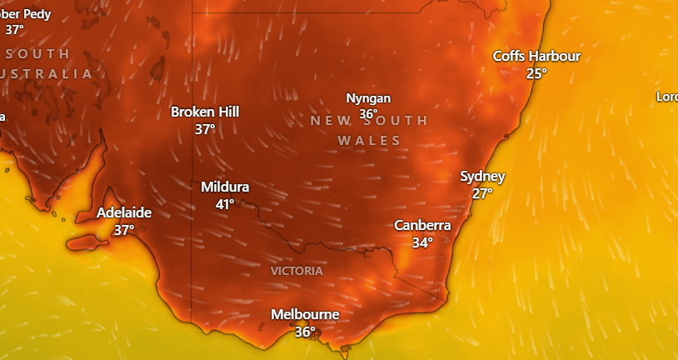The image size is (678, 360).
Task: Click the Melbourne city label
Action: point(305,314)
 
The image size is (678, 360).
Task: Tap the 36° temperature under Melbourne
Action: point(305,332)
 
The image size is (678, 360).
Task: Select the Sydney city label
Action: point(482,177)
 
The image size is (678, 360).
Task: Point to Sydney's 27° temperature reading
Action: point(482,193)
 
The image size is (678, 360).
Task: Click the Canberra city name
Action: point(422,225)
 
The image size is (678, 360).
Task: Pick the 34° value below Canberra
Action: point(422,242)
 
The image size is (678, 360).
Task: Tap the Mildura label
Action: point(225,187)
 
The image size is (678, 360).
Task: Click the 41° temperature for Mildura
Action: point(225,204)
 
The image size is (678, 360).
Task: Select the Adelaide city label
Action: point(124,212)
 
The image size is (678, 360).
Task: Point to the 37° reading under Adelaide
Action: point(124,230)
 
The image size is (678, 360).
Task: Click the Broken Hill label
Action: point(205,112)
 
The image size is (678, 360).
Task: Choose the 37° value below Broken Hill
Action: point(205,129)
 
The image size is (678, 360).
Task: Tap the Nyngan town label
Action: point(368,98)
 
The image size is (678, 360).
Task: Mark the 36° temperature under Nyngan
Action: point(368,114)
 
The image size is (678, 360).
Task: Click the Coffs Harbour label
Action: point(536,56)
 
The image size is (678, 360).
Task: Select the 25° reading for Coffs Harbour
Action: point(536,73)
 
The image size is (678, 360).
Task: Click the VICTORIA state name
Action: point(297,271)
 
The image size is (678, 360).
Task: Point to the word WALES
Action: point(369,141)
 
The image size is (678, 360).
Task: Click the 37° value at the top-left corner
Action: point(15,30)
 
